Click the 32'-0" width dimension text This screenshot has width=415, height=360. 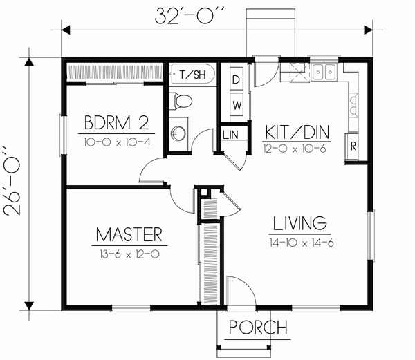point(190,16)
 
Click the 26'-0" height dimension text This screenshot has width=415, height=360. point(12,180)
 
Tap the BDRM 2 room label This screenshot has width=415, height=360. point(116,122)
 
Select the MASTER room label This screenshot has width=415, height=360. point(129,235)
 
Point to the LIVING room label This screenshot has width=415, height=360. point(300,223)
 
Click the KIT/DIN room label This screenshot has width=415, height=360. point(297,132)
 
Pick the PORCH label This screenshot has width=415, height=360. point(258,328)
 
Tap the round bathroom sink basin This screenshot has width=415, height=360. point(176,132)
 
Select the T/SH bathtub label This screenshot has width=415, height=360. point(193,74)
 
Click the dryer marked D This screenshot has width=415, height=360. point(237,79)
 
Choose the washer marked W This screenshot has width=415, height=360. point(237,105)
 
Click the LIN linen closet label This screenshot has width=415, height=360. point(230,135)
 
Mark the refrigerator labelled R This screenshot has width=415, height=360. point(352,146)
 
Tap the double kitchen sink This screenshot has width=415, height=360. point(324,72)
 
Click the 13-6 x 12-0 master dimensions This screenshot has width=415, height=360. point(129,254)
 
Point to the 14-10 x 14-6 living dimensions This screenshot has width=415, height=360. point(302,243)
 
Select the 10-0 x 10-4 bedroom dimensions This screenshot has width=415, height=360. point(118,142)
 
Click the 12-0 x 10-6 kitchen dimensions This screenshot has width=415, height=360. point(295,149)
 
